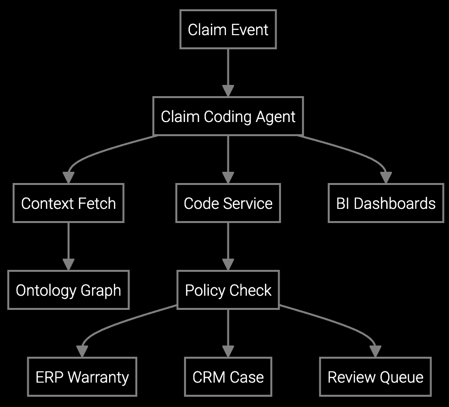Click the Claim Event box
[228, 29]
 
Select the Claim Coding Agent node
[228, 116]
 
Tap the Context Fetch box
[68, 203]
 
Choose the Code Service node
[228, 203]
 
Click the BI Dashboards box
[386, 203]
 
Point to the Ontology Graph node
[68, 290]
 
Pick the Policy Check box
[228, 290]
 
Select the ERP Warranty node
[82, 377]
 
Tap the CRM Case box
[228, 377]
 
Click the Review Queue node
[375, 377]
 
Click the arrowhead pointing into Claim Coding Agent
[228, 91]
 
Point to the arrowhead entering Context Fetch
[69, 178]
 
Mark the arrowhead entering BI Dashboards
[386, 178]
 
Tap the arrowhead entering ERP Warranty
[82, 351]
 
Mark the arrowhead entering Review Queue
[375, 351]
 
